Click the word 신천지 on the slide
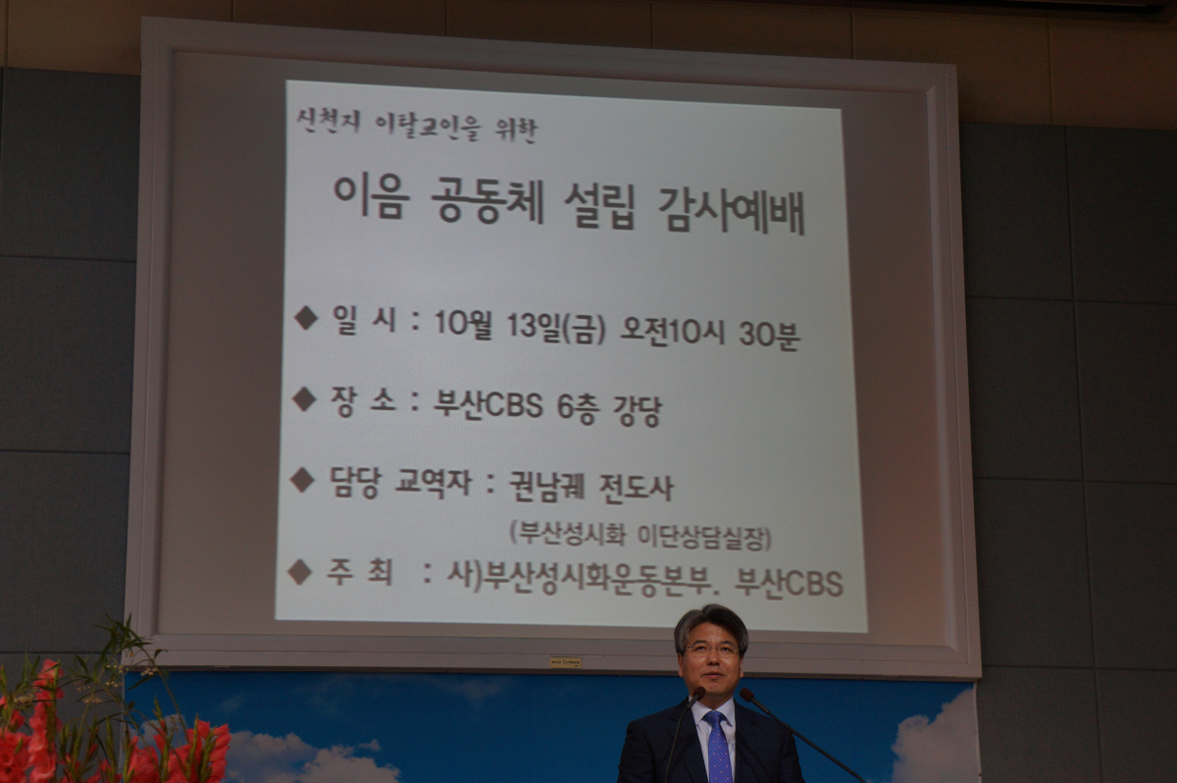(x=329, y=123)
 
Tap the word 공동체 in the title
(x=487, y=202)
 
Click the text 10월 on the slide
(x=463, y=323)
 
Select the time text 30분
(x=769, y=335)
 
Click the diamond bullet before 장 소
(x=304, y=399)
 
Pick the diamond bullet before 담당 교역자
(x=303, y=481)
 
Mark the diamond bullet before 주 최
(x=300, y=572)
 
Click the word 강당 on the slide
(x=637, y=410)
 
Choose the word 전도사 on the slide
(x=637, y=489)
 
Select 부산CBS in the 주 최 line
(x=789, y=583)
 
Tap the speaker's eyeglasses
(x=712, y=651)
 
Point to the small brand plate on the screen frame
(x=565, y=662)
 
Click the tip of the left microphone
(x=698, y=693)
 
